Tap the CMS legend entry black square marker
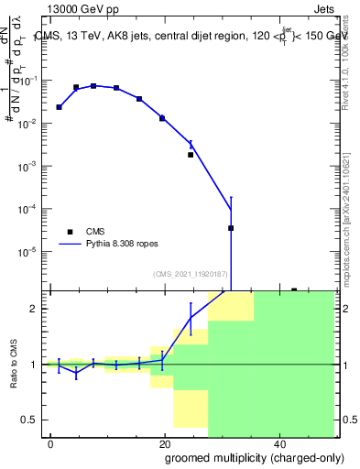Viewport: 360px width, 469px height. [x=70, y=232]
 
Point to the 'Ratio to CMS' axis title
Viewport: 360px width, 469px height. [x=14, y=365]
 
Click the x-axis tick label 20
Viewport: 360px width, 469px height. [x=164, y=442]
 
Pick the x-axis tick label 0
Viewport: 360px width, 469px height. [x=50, y=442]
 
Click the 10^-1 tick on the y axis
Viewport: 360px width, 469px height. [x=32, y=81]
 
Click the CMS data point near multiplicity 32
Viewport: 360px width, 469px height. [x=231, y=228]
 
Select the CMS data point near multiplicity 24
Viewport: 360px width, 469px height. [x=191, y=155]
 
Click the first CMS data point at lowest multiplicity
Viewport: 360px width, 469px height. [x=59, y=107]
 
